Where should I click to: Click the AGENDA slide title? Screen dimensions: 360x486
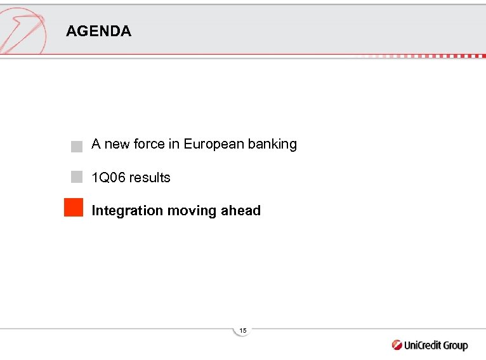tap(98, 32)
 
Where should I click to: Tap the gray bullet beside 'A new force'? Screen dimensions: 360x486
tap(77, 146)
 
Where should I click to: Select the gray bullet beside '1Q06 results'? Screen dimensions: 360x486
tap(77, 177)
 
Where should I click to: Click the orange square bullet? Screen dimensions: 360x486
tap(74, 208)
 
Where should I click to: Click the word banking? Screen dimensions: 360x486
tap(272, 144)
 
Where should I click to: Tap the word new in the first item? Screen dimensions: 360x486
tap(116, 144)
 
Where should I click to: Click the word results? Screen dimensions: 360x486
tap(150, 178)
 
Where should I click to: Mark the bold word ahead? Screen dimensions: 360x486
tap(240, 211)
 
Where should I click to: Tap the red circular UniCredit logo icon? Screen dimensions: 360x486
tap(397, 345)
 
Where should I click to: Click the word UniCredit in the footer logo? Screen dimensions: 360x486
tap(423, 345)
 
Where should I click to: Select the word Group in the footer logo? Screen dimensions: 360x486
tap(456, 345)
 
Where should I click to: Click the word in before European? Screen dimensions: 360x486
tap(174, 144)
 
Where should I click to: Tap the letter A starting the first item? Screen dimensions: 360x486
tap(96, 144)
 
